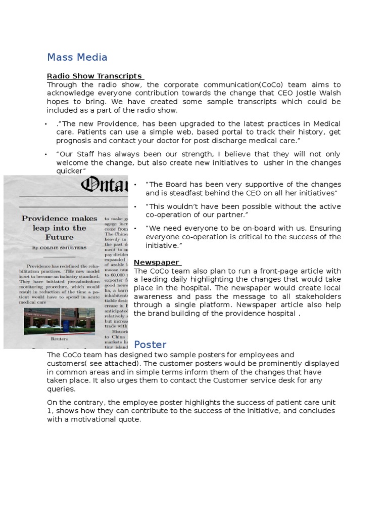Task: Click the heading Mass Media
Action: click(77, 57)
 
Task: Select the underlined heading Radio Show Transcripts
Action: click(94, 76)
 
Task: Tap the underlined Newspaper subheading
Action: click(157, 262)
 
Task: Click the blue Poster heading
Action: click(150, 344)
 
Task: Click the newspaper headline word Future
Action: click(60, 237)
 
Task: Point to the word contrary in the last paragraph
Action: click(84, 402)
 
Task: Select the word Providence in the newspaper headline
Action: click(44, 218)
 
